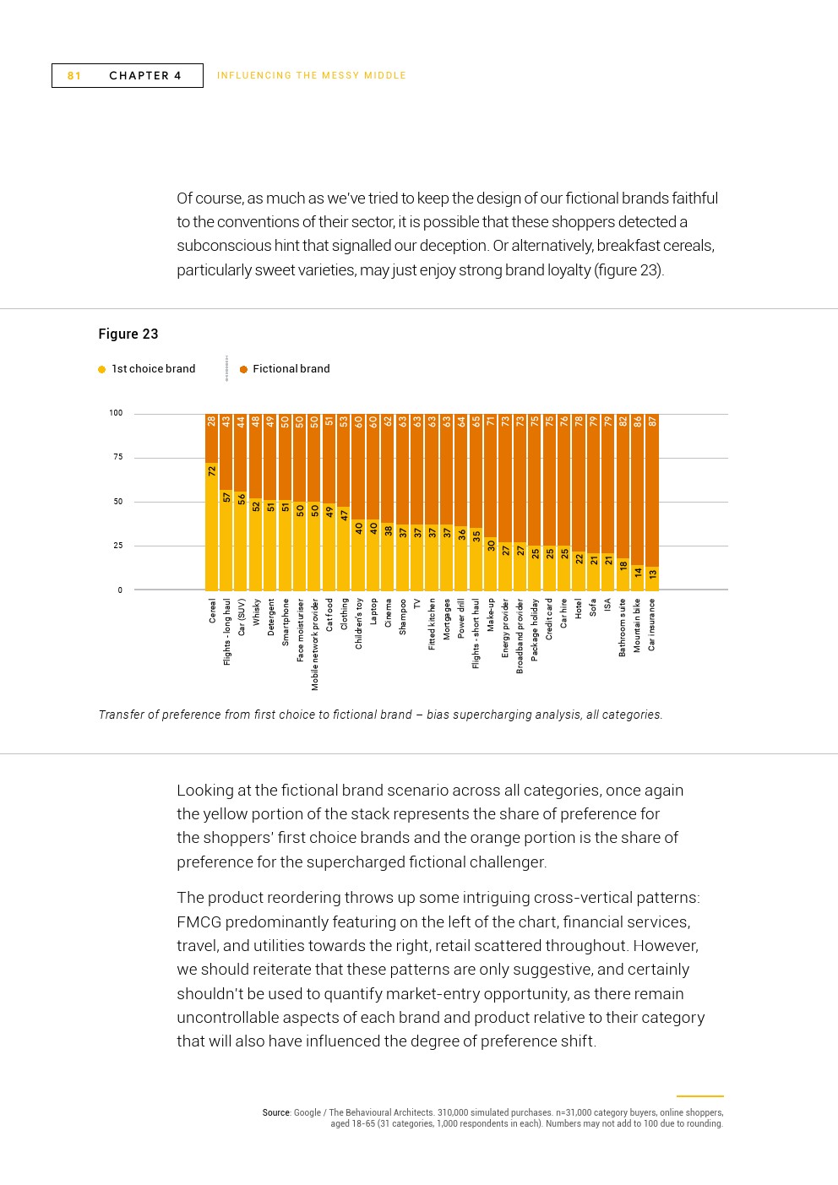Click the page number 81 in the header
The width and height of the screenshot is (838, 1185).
(x=74, y=76)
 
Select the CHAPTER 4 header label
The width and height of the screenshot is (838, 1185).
(x=145, y=76)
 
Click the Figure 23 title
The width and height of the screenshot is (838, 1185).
(x=128, y=334)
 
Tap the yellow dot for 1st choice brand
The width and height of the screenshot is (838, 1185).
(x=102, y=369)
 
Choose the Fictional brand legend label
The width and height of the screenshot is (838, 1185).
(x=291, y=369)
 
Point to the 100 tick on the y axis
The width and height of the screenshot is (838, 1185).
(x=116, y=413)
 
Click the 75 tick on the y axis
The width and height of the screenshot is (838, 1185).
(x=117, y=457)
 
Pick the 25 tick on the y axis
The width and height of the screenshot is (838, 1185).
(x=117, y=546)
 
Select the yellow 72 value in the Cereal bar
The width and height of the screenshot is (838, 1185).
(x=212, y=471)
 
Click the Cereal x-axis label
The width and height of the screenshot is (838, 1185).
(x=212, y=612)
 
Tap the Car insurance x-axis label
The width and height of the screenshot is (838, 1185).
(x=652, y=625)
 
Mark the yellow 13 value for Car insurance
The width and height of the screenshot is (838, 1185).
(x=652, y=574)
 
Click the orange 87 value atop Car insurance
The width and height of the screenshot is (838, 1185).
(x=652, y=421)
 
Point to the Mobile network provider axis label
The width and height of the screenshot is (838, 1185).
(x=315, y=644)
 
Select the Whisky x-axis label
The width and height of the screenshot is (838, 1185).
(x=256, y=612)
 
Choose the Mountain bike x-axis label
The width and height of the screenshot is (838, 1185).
(x=637, y=626)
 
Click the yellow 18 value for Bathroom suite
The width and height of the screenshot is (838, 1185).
(x=623, y=566)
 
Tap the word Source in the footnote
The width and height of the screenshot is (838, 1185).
(x=276, y=1112)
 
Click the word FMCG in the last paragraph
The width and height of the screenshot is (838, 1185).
(x=199, y=921)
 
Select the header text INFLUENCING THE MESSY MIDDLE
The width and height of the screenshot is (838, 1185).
(x=312, y=76)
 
